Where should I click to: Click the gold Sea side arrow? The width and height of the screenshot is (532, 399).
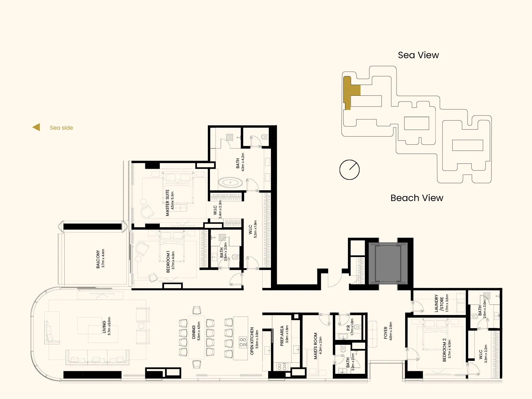click(x=36, y=127)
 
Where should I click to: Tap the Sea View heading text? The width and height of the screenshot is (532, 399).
click(x=418, y=55)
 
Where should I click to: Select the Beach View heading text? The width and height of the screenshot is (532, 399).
click(x=417, y=198)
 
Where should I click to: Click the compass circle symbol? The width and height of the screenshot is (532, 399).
click(x=349, y=170)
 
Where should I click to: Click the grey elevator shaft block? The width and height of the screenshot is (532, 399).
click(x=388, y=264)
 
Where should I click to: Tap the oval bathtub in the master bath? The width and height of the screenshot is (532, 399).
click(x=230, y=183)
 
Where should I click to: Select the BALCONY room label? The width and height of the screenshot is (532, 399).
click(x=98, y=259)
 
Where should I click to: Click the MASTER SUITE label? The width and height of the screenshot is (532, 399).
click(x=167, y=203)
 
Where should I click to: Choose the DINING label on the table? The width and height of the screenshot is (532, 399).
click(x=194, y=332)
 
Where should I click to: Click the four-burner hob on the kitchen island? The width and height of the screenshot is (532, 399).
click(x=243, y=342)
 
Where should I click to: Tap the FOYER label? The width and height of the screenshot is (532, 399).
click(x=385, y=333)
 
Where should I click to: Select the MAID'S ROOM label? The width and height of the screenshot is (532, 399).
click(x=315, y=346)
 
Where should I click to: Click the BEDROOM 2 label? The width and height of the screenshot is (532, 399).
click(x=444, y=350)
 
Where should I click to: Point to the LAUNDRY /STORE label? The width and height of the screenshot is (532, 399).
click(x=439, y=304)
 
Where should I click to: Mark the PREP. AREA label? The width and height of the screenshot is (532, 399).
click(x=282, y=336)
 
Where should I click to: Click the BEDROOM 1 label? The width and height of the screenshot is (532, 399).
click(x=168, y=262)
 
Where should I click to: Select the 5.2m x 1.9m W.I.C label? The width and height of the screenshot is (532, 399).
click(x=252, y=229)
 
